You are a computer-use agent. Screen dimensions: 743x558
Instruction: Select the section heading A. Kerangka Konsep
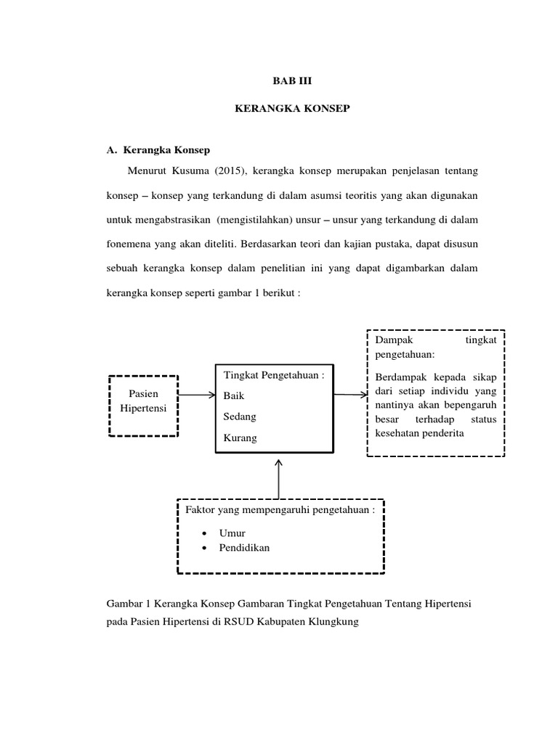158,150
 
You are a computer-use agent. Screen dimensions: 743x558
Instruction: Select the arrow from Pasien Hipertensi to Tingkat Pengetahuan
196,395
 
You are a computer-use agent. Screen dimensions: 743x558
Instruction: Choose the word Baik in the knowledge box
234,396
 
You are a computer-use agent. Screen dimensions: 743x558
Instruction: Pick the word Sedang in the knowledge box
240,417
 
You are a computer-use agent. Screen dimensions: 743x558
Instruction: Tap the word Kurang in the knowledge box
240,438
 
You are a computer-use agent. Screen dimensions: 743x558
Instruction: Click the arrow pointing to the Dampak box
350,395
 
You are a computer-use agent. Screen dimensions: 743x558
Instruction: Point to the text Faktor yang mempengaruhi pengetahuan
280,510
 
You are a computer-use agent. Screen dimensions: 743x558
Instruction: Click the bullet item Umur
232,533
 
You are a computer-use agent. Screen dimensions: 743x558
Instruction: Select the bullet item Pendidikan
244,548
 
